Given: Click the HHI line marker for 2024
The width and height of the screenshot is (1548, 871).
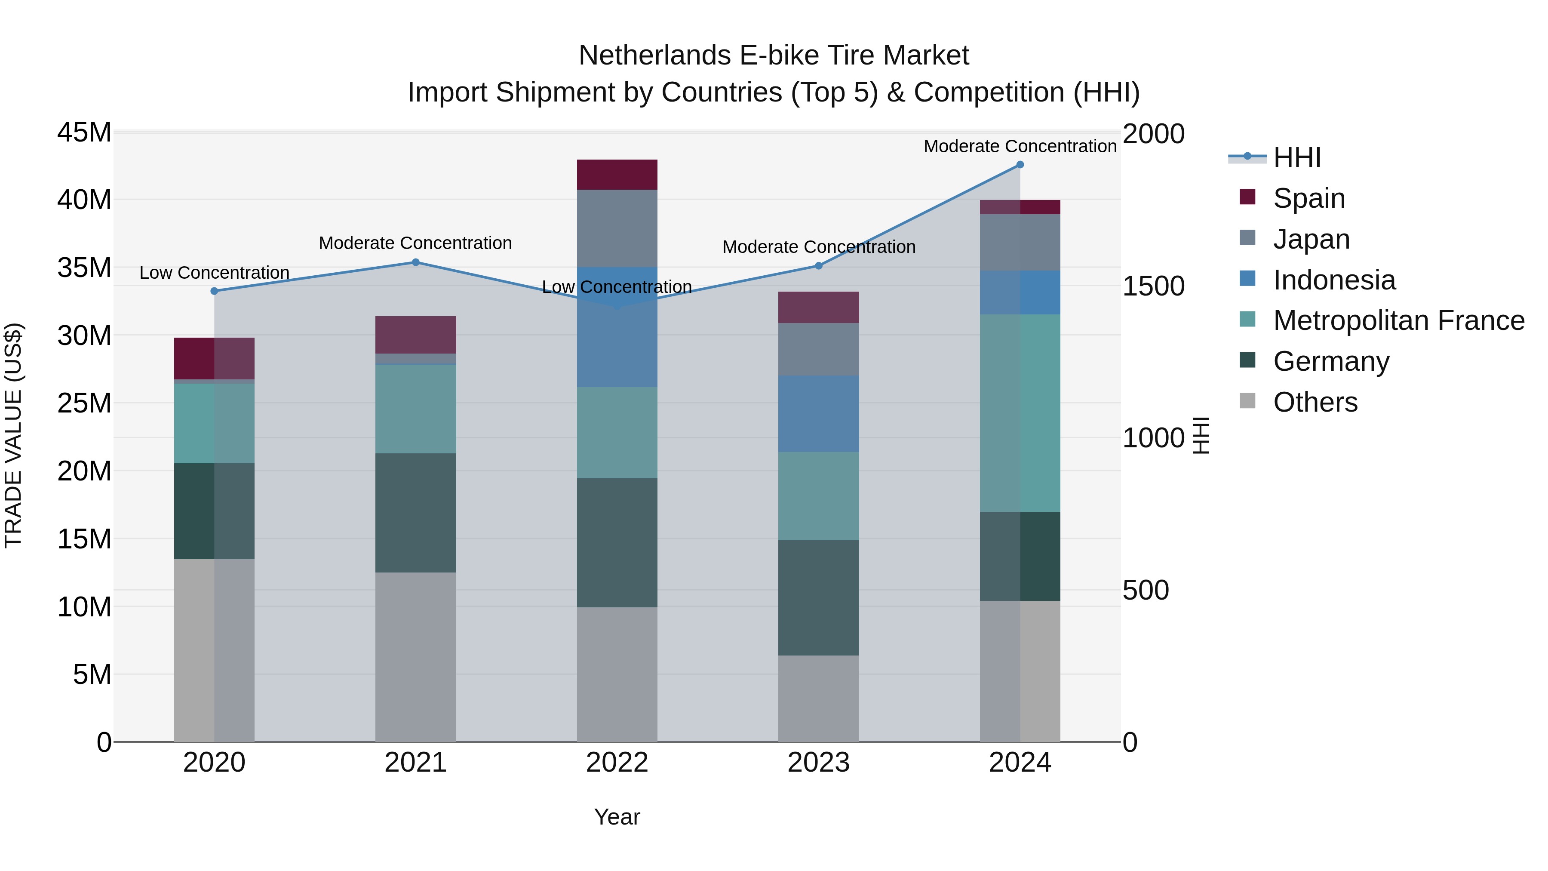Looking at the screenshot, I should pos(1020,165).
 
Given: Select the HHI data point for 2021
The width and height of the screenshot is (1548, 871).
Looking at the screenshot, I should pos(415,262).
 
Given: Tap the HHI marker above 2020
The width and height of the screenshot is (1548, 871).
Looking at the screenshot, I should pos(214,291).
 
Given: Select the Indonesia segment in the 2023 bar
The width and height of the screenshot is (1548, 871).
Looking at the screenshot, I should pos(818,413).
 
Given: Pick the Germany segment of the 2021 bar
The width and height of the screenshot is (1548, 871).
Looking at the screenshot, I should pos(415,513).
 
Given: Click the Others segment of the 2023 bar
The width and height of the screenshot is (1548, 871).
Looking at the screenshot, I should pos(818,699).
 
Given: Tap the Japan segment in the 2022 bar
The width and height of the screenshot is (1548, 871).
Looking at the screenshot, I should pos(617,228).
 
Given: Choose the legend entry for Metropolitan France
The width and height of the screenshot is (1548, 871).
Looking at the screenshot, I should pos(1398,320).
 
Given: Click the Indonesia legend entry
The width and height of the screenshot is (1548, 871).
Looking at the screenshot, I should pos(1333,280).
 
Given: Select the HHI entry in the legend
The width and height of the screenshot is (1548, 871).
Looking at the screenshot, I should pos(1296,157).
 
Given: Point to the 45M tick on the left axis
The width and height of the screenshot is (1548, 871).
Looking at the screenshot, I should pos(84,132).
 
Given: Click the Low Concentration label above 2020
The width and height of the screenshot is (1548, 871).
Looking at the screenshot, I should pos(214,273).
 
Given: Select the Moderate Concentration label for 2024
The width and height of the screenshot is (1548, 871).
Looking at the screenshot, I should pos(1020,147).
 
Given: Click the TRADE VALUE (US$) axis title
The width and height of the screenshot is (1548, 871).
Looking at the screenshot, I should pos(13,436).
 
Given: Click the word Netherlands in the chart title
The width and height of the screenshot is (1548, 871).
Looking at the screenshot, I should pos(654,56).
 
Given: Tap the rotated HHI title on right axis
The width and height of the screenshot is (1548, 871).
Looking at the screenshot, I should pos(1200,436).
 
